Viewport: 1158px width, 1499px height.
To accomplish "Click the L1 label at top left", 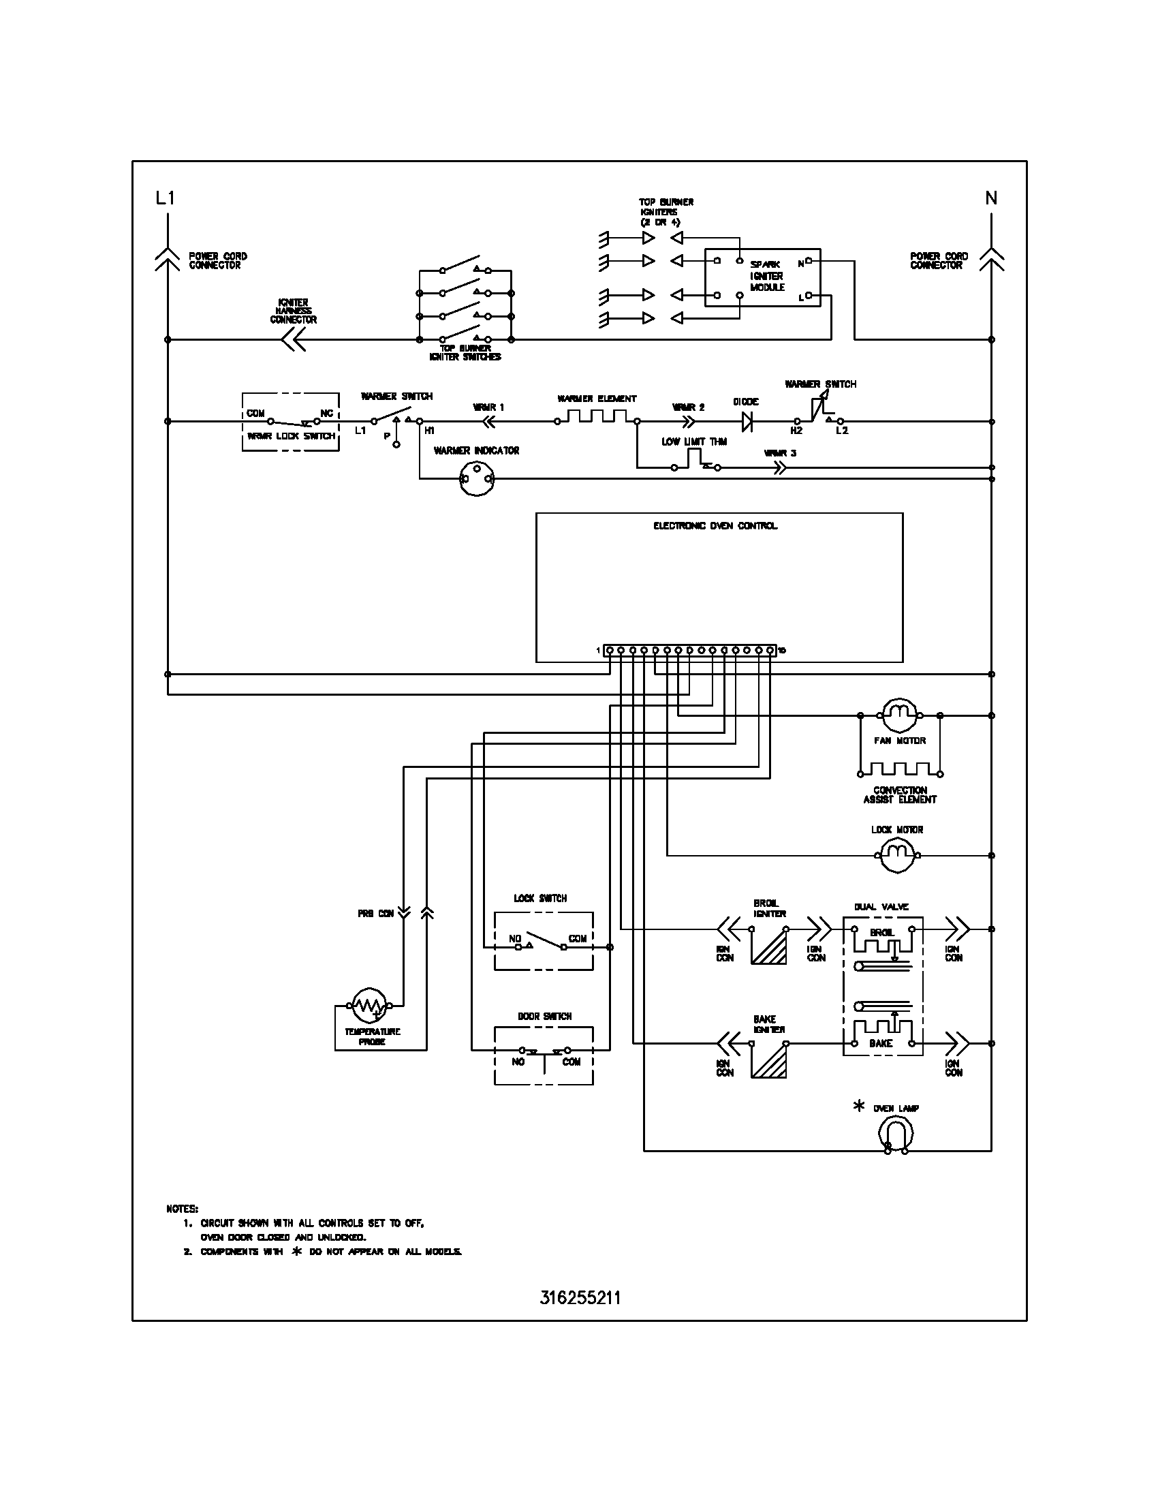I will (x=166, y=198).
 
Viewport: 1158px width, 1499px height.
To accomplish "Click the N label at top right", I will (x=991, y=198).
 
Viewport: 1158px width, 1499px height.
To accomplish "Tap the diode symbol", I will (x=747, y=421).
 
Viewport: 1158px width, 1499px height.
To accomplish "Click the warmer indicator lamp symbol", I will (x=476, y=478).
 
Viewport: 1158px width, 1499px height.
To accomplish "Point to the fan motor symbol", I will (x=898, y=716).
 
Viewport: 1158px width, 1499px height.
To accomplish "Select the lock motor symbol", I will (x=896, y=855).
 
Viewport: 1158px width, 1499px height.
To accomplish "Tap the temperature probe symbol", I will (x=369, y=1006).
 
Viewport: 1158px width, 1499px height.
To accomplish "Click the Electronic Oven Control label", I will (x=715, y=526).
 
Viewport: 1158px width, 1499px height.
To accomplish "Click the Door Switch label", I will (x=544, y=1017).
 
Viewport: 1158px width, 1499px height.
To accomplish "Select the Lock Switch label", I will (x=540, y=898).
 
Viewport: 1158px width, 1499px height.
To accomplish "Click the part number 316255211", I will (x=580, y=1297).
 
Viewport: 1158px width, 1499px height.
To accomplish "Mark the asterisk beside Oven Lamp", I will (x=858, y=1106).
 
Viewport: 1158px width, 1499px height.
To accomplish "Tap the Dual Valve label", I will (x=881, y=907).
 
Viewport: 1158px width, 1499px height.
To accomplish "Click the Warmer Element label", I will (x=596, y=399).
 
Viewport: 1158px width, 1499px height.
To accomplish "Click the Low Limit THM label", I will (x=693, y=442).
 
